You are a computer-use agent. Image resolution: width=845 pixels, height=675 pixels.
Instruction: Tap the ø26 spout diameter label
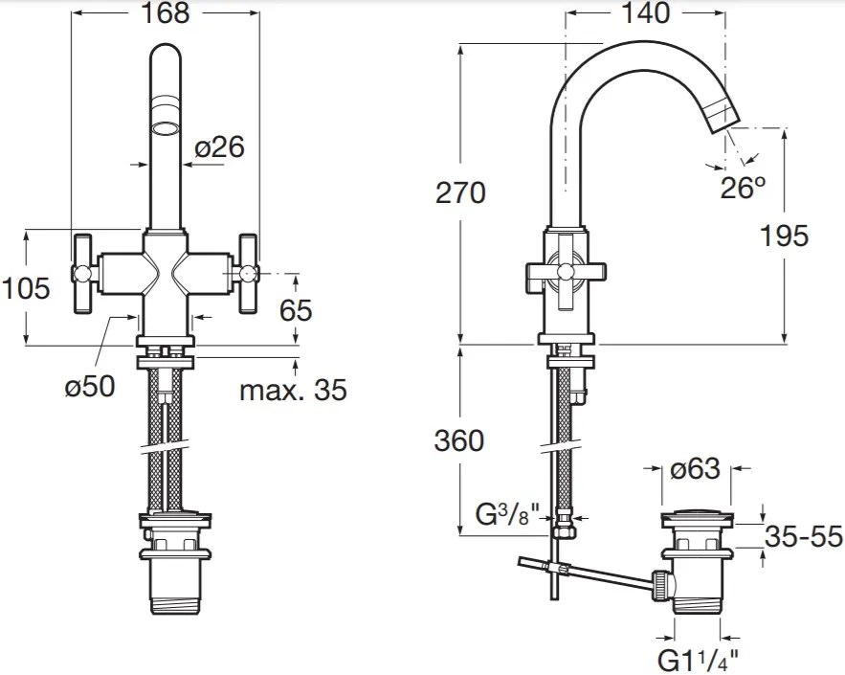(x=219, y=147)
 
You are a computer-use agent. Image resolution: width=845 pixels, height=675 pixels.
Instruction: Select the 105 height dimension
(x=26, y=287)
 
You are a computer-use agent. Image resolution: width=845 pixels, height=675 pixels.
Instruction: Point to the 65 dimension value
(x=296, y=310)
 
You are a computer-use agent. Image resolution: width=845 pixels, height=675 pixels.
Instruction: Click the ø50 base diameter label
(x=89, y=386)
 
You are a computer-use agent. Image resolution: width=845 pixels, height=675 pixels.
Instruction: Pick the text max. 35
(x=293, y=390)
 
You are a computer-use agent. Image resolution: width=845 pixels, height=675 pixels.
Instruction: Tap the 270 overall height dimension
(x=460, y=192)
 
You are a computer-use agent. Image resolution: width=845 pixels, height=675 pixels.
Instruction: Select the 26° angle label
(x=744, y=188)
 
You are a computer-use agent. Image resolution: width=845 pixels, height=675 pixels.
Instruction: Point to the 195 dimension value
(x=785, y=235)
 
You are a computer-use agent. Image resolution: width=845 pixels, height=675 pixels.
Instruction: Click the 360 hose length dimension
(x=459, y=440)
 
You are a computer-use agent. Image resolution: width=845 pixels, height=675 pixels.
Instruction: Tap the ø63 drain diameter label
(x=695, y=469)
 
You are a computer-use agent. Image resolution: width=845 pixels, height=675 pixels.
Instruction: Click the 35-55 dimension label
(x=803, y=537)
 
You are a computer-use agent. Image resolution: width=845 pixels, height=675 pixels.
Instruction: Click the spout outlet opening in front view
(x=167, y=128)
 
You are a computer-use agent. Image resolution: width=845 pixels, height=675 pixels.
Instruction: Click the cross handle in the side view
(x=561, y=277)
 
